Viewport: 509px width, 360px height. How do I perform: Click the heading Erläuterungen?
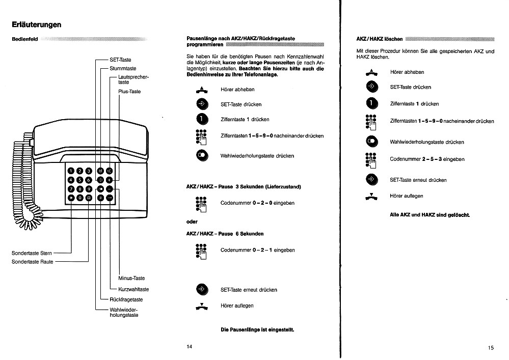pyautogui.click(x=37, y=24)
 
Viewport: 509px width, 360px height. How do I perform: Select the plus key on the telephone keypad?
pyautogui.click(x=110, y=180)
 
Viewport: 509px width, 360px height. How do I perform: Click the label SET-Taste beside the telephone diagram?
pyautogui.click(x=121, y=60)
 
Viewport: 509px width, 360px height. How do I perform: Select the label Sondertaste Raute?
pyautogui.click(x=32, y=262)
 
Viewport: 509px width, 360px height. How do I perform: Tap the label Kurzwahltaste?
pyautogui.click(x=133, y=289)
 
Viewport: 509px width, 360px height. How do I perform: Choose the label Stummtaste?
pyautogui.click(x=123, y=68)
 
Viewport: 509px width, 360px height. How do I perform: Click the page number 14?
pyautogui.click(x=190, y=347)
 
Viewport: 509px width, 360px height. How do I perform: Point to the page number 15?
pyautogui.click(x=490, y=348)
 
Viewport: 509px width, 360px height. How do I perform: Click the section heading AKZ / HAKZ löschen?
pyautogui.click(x=380, y=39)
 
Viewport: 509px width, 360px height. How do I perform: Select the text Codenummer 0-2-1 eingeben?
pyautogui.click(x=257, y=250)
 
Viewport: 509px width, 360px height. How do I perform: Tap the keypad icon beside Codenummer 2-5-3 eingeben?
pyautogui.click(x=371, y=159)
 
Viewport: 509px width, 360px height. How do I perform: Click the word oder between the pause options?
pyautogui.click(x=192, y=221)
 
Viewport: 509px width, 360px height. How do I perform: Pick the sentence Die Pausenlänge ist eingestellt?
pyautogui.click(x=257, y=329)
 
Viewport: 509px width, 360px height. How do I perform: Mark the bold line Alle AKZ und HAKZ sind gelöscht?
pyautogui.click(x=430, y=215)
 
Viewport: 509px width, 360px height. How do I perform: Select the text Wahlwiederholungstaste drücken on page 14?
pyautogui.click(x=257, y=156)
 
